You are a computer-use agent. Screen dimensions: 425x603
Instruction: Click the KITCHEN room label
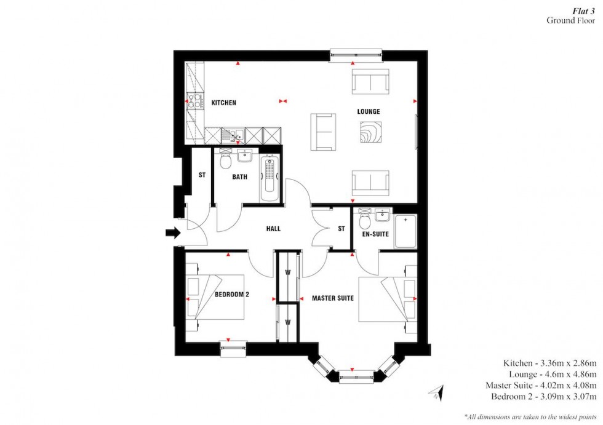(x=223, y=103)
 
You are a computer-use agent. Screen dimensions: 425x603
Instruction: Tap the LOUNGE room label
(x=369, y=112)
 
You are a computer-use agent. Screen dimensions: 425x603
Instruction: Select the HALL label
(x=273, y=229)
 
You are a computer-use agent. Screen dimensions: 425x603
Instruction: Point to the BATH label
(x=239, y=177)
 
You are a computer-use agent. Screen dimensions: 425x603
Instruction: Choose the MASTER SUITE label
(x=332, y=298)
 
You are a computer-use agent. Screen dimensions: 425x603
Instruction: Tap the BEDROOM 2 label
(x=231, y=295)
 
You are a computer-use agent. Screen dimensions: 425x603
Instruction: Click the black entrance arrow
(x=172, y=232)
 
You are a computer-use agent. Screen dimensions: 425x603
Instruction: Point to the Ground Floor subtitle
(x=570, y=20)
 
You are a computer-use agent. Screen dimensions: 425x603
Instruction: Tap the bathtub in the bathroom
(x=270, y=180)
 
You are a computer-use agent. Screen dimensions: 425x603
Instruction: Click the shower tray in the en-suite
(x=405, y=231)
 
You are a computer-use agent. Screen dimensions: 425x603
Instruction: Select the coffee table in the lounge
(x=371, y=132)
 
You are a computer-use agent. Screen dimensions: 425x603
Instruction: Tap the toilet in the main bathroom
(x=225, y=161)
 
